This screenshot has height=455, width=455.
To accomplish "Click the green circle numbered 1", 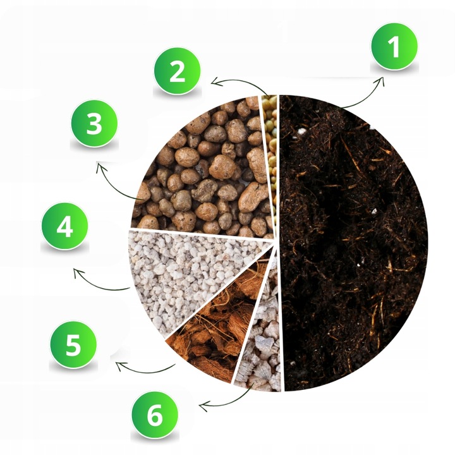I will [x=394, y=47].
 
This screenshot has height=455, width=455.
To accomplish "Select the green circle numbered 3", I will [x=94, y=123].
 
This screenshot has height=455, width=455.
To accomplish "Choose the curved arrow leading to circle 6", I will [x=227, y=397].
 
